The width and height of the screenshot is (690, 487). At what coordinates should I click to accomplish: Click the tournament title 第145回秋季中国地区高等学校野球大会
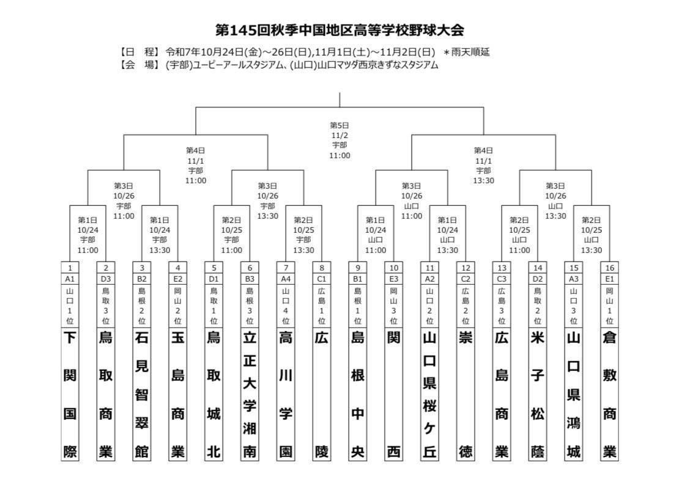tap(344, 30)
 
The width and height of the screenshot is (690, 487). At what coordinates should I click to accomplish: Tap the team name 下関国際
tap(70, 394)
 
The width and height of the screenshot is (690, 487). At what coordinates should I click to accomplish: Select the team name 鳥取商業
tap(106, 394)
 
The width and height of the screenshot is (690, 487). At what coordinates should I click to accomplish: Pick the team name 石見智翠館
tap(142, 394)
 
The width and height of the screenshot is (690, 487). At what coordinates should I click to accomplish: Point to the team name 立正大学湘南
tap(250, 394)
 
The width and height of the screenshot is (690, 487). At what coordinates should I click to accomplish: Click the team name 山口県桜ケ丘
tap(429, 394)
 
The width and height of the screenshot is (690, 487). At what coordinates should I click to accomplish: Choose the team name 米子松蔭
tap(538, 394)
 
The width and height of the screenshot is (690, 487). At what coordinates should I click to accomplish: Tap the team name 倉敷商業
tap(609, 394)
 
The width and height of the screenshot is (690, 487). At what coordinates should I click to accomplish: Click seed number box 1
tap(70, 268)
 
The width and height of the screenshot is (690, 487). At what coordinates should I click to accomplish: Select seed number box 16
tap(609, 268)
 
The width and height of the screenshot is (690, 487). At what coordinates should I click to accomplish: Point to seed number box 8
tap(322, 268)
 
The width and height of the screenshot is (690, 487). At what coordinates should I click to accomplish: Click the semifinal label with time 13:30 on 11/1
tap(483, 165)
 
